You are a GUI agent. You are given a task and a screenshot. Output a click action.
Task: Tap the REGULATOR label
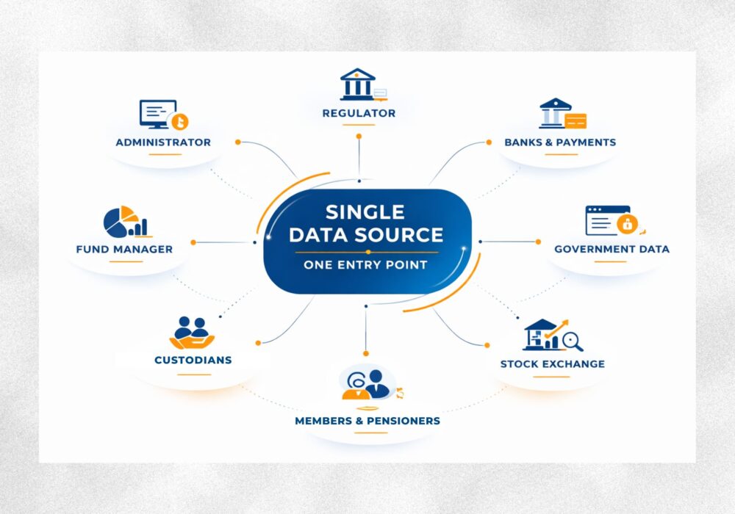tap(359, 113)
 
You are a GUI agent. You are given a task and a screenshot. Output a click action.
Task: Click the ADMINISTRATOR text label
tap(163, 142)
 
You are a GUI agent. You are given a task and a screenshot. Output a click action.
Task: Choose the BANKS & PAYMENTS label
tap(560, 142)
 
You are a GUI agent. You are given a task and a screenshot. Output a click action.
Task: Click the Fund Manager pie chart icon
tap(124, 222)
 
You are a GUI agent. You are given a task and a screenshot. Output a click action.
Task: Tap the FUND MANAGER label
tap(124, 249)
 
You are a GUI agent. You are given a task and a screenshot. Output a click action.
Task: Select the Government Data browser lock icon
tap(609, 220)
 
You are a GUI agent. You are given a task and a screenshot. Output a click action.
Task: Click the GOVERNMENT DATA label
tap(612, 249)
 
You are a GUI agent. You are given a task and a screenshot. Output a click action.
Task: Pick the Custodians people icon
tap(193, 333)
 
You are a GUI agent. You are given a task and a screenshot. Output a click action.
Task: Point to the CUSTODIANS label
tap(193, 360)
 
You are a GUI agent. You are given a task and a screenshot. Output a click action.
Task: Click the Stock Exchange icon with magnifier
tap(553, 336)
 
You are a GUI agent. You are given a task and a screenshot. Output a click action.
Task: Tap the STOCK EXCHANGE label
tap(553, 363)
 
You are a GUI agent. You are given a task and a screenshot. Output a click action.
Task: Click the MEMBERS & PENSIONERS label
tap(367, 421)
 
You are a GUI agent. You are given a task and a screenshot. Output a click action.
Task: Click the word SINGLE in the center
tap(365, 212)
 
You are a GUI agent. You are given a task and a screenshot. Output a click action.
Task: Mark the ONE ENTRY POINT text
tap(365, 264)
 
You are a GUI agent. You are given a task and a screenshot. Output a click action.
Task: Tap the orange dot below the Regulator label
tap(359, 136)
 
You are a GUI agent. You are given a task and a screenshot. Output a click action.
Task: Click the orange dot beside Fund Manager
tap(193, 242)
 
